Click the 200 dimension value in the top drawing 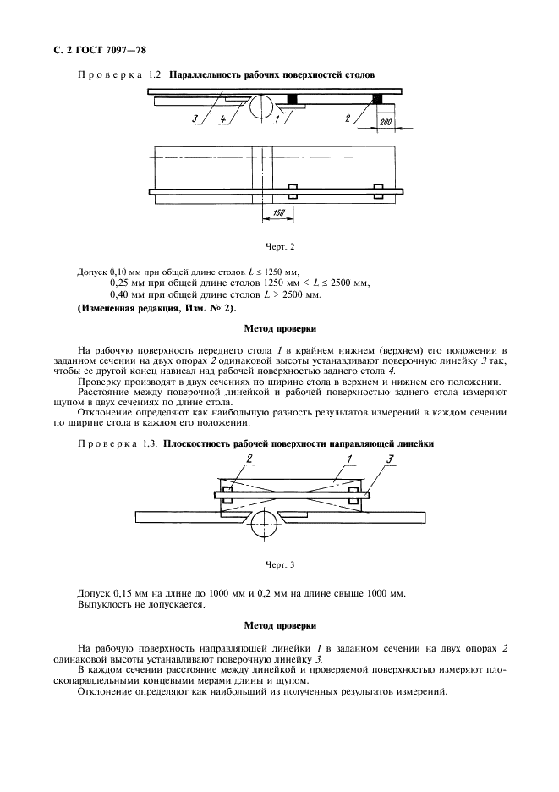pyautogui.click(x=386, y=123)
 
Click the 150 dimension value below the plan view pyautogui.click(x=278, y=215)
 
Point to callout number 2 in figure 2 pyautogui.click(x=347, y=120)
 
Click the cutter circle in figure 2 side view pyautogui.click(x=263, y=106)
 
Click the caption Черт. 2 pyautogui.click(x=280, y=247)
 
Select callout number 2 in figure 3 pyautogui.click(x=226, y=458)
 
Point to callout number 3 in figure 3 pyautogui.click(x=388, y=458)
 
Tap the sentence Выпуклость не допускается pyautogui.click(x=133, y=604)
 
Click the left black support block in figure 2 pyautogui.click(x=292, y=99)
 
